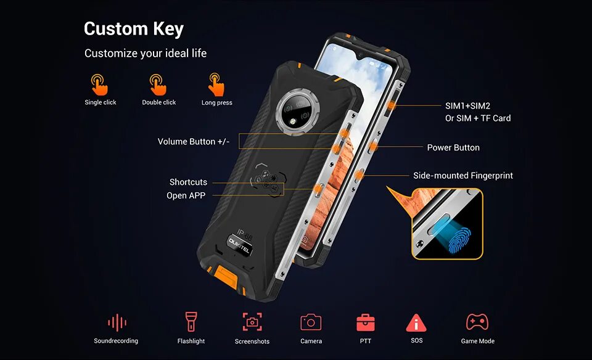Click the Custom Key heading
point(134,29)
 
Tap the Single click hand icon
point(99,84)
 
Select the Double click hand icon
point(158,84)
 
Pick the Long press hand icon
point(216,84)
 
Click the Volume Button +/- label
point(193,142)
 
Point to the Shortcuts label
point(188,182)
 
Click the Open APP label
point(186,195)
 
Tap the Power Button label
point(453,147)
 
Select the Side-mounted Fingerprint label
point(462,176)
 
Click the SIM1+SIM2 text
point(467,106)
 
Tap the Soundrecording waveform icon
point(117,322)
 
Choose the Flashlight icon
point(191,322)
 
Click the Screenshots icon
point(252,322)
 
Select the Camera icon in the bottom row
point(311,322)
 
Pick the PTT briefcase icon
point(366,322)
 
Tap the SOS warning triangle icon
point(416,322)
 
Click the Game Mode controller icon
point(477,322)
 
